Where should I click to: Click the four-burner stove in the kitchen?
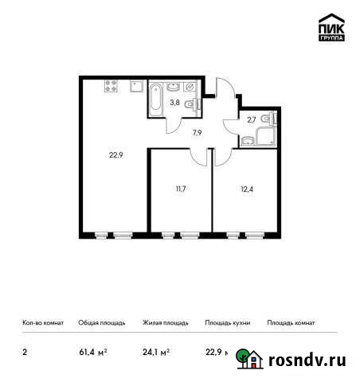[111, 86]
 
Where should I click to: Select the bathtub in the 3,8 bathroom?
[156, 98]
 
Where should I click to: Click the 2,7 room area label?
[251, 119]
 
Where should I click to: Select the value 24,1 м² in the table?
[156, 351]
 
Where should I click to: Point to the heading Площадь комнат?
[292, 324]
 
